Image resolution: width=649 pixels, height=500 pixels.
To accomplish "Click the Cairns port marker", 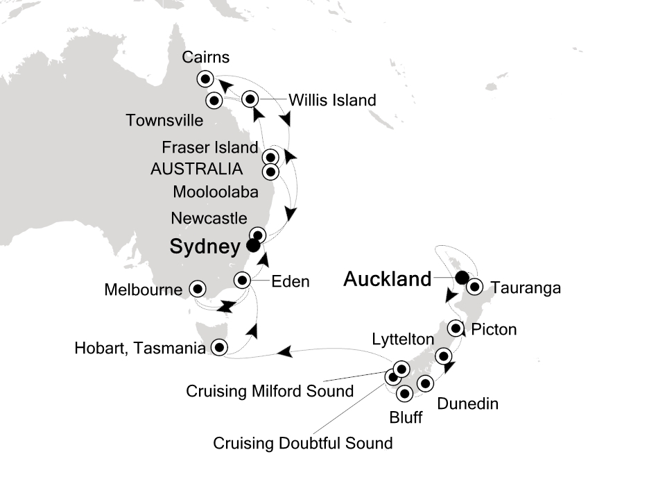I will coord(205,78).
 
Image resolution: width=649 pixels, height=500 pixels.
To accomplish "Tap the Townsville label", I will coord(165,121).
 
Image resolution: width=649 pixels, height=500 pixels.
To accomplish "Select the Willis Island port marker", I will coord(251,100).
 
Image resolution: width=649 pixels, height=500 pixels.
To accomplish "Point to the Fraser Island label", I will coord(209,148).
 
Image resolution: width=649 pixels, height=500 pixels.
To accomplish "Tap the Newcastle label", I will coord(209,219).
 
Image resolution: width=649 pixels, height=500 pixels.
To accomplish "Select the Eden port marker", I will coord(242,281).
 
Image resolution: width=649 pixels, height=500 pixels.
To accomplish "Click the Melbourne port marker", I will coord(198,287).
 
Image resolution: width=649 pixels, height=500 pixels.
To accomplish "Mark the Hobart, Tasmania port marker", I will coord(219,348).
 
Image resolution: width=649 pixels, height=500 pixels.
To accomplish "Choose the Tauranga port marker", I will coord(474,286).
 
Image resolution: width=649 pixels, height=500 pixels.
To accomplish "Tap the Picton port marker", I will coord(456,328).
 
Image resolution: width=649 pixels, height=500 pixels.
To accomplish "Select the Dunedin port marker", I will coord(426,383).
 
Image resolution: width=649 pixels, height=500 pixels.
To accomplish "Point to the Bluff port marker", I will coord(405,394).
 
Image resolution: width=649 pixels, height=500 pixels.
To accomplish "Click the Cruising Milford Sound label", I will coord(270,392).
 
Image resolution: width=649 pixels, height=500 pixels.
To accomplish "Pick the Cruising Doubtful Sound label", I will coord(303,442).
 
